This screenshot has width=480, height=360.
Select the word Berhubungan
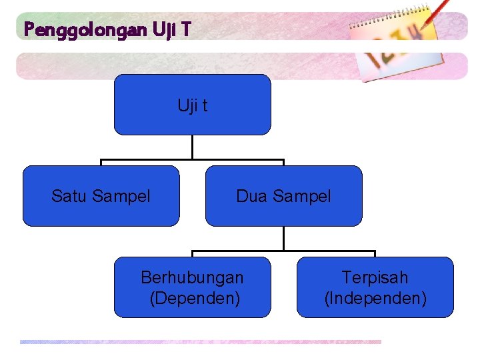coord(193,277)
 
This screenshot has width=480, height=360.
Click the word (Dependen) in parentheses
coord(195,297)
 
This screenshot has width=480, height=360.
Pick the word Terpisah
coord(375,277)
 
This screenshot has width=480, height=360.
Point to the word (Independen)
coord(375,297)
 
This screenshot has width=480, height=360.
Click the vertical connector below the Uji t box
coord(193,147)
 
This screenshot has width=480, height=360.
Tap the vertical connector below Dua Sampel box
coord(283,238)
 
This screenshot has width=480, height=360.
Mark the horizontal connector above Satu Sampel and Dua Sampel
coord(147,160)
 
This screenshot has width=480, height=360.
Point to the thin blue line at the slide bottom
coord(200,342)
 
